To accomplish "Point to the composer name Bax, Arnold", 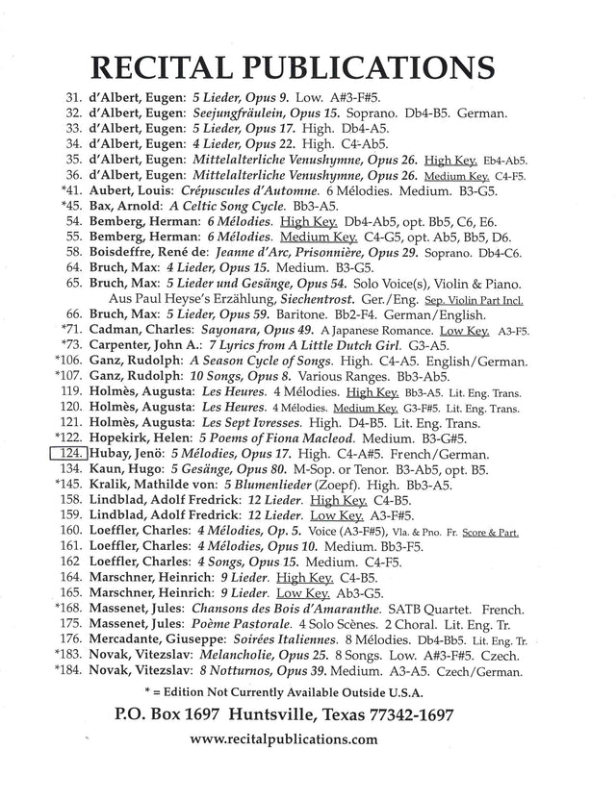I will coord(124,206).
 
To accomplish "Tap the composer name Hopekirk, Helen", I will coord(141,437).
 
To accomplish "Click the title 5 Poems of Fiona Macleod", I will coord(280,437).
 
